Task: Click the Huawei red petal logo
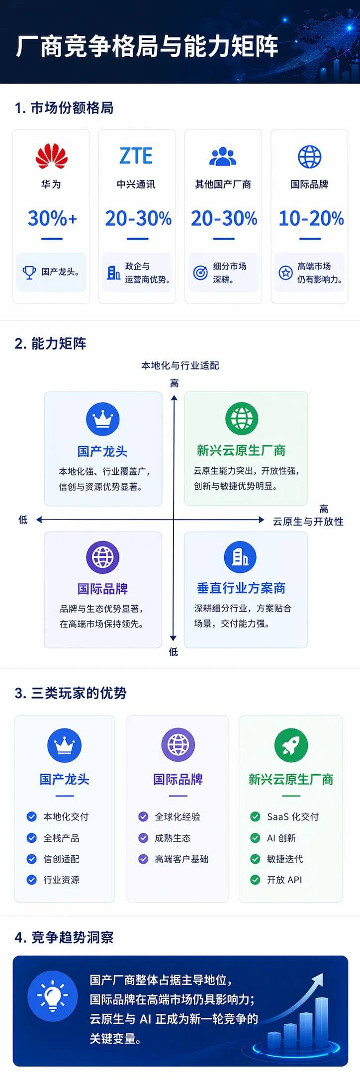[x=51, y=156]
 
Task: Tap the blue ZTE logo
[x=136, y=156]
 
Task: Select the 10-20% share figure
[x=311, y=218]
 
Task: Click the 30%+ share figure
[x=52, y=218]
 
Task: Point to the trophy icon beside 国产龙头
[x=29, y=272]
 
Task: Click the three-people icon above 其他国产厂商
[x=223, y=156]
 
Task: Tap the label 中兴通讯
[x=136, y=184]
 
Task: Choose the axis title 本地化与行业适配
[x=180, y=365]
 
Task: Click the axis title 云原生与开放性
[x=308, y=522]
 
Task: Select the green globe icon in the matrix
[x=242, y=419]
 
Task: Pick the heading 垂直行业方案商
[x=241, y=588]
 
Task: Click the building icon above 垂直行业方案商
[x=240, y=557]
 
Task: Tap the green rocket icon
[x=291, y=745]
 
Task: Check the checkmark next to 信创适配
[x=32, y=859]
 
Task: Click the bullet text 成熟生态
[x=173, y=838]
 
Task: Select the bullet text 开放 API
[x=284, y=880]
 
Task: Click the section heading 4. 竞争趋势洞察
[x=64, y=937]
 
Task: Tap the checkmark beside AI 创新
[x=255, y=838]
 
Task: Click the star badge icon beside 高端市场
[x=285, y=272]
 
